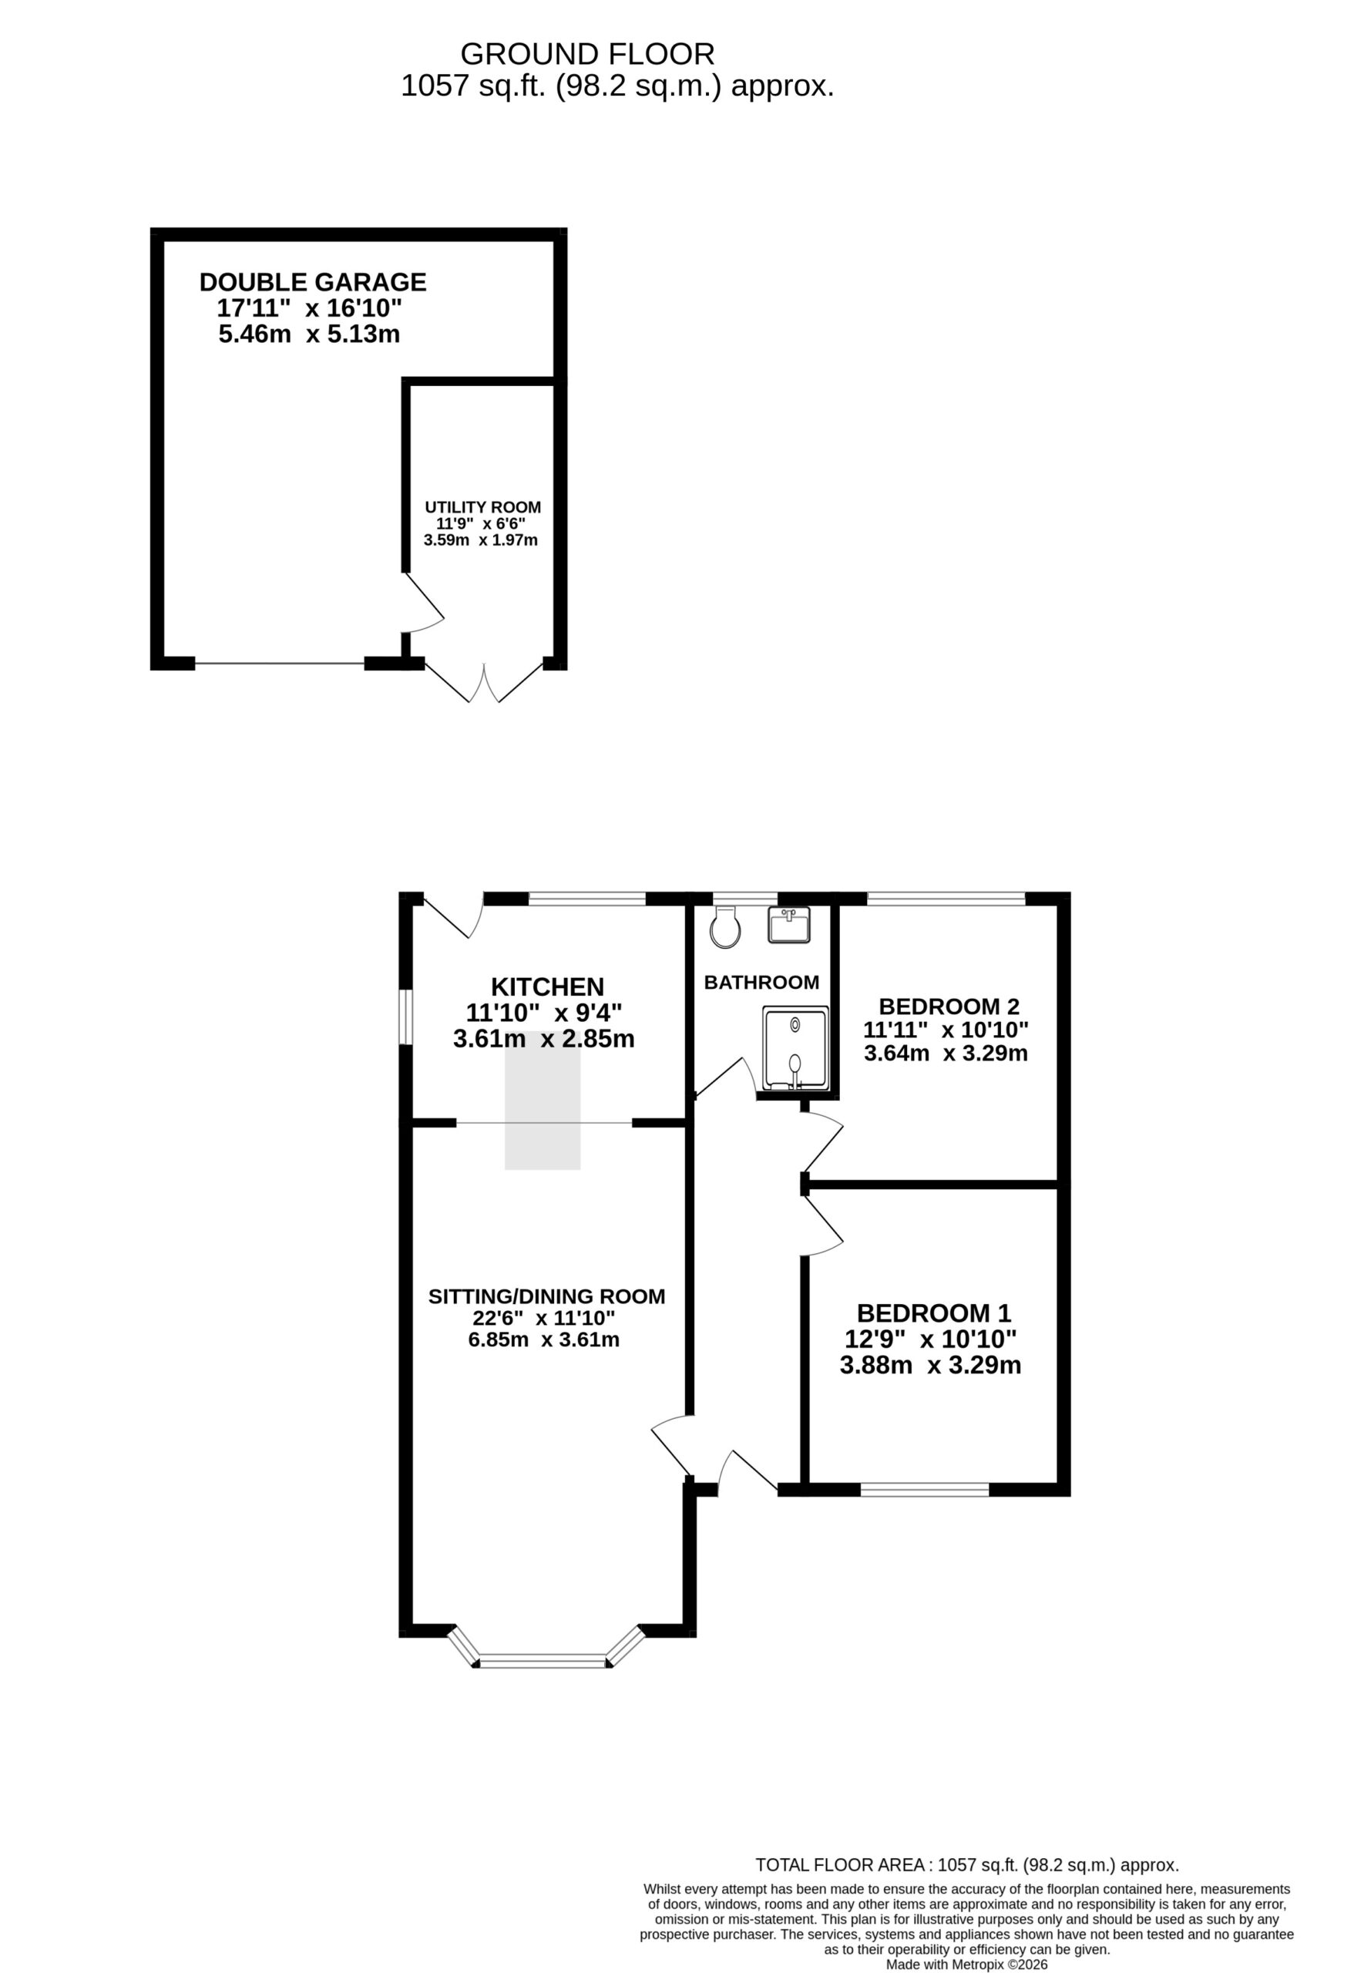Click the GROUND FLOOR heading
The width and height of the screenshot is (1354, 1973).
point(587,54)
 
